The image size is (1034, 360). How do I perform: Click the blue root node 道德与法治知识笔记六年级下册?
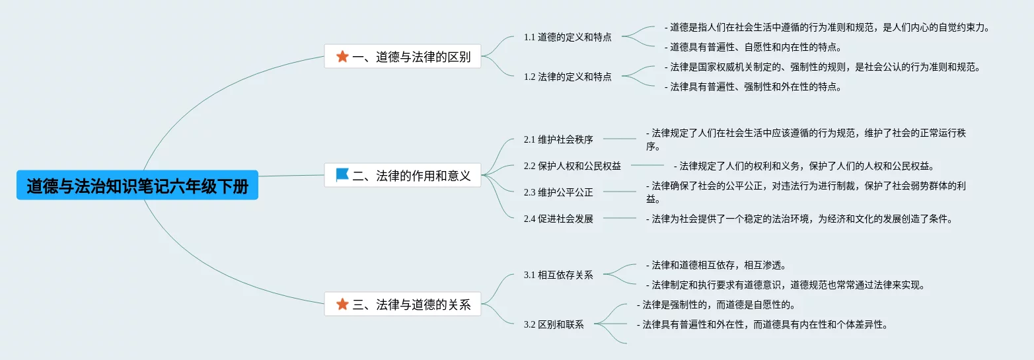[x=137, y=187]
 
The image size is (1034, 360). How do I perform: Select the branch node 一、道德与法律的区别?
[x=402, y=57]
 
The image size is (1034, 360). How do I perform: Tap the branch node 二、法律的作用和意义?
[x=402, y=175]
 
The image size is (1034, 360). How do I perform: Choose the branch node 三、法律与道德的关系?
[x=402, y=305]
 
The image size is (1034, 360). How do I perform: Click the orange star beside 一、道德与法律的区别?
[x=342, y=57]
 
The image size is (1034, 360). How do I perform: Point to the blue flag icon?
[x=342, y=175]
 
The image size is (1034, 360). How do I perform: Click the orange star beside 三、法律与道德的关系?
[x=342, y=305]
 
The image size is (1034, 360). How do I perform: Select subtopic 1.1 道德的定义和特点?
[x=568, y=37]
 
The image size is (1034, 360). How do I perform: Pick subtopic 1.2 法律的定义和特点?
[x=568, y=77]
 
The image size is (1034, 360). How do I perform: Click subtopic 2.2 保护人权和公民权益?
[x=572, y=166]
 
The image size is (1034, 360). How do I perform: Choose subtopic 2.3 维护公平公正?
[x=558, y=193]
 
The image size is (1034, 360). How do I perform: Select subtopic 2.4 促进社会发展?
[x=558, y=219]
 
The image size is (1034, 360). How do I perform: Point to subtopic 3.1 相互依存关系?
[x=558, y=275]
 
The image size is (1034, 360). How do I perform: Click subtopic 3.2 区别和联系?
[x=554, y=324]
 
